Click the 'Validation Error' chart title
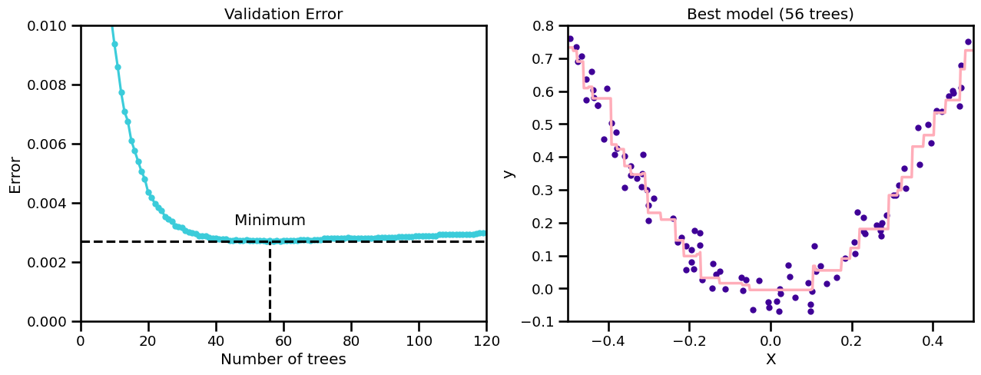283,14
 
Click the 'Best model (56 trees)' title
771,14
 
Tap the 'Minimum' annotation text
270,221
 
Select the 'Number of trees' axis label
283,360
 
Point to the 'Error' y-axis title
15,174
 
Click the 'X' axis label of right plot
771,360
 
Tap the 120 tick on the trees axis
486,339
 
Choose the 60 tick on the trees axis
283,339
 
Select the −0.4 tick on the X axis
608,339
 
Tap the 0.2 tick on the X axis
852,339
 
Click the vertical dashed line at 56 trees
270,284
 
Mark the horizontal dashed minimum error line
154,241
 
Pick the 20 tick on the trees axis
148,339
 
